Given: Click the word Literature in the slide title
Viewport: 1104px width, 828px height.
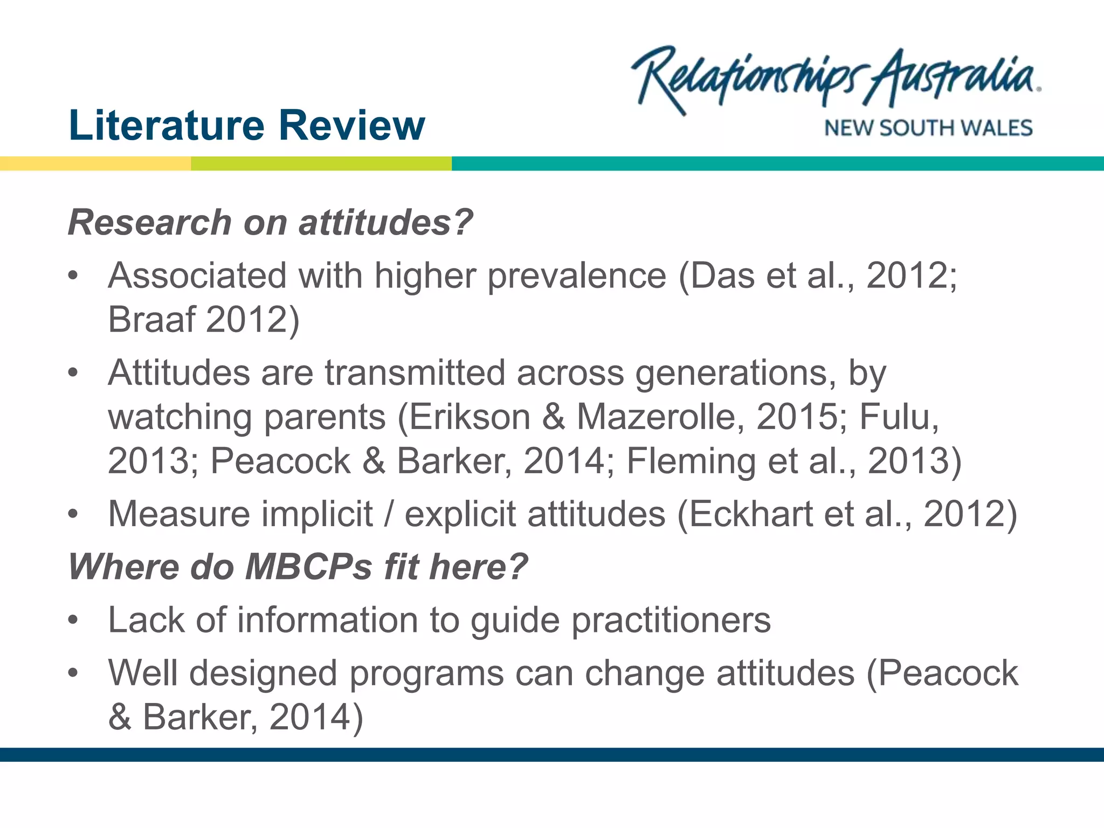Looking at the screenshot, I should [x=166, y=125].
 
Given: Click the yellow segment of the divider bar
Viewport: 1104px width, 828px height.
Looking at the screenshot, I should [x=95, y=163].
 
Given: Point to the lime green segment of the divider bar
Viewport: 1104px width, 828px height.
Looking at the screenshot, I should [x=321, y=163].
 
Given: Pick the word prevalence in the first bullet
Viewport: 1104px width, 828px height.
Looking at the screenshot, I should [x=577, y=276].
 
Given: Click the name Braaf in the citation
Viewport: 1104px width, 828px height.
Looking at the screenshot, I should [x=151, y=319].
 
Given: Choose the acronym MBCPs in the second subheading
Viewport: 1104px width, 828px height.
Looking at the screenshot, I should [x=308, y=567].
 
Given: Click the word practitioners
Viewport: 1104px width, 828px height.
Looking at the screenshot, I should [x=671, y=620].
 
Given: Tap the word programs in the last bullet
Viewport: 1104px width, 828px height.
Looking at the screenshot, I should [x=427, y=674].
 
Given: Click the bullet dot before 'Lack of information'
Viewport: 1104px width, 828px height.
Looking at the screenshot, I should [x=73, y=620].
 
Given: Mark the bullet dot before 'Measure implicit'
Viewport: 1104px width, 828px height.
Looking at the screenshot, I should [x=73, y=514].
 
